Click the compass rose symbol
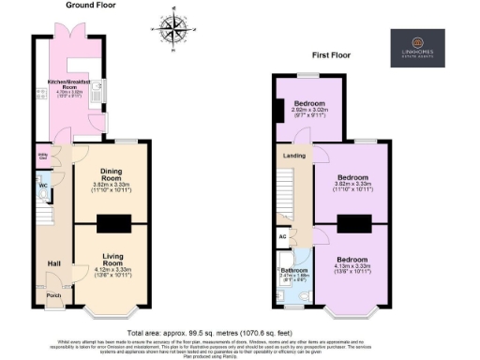(x=173, y=29)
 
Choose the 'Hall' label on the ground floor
(x=53, y=263)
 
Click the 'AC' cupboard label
(x=284, y=237)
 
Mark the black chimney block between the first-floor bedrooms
(x=354, y=223)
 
